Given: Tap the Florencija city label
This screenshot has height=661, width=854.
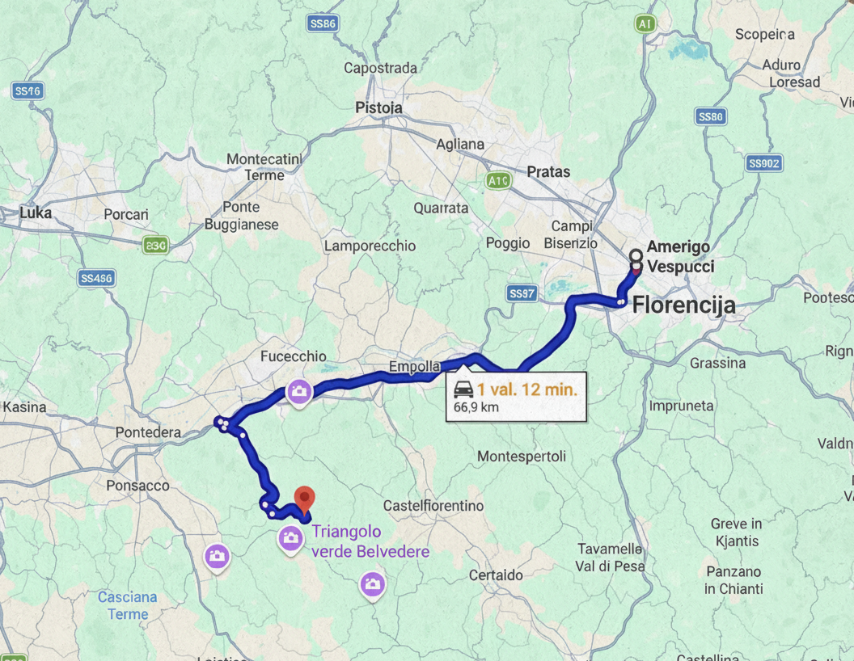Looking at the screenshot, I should [x=683, y=305].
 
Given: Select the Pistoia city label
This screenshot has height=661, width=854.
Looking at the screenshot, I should [x=378, y=107].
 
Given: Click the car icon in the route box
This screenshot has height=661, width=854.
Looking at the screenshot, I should [x=463, y=389].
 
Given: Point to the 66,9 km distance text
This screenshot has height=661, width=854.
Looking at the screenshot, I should [x=476, y=407].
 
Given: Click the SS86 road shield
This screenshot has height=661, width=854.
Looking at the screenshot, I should [x=323, y=24].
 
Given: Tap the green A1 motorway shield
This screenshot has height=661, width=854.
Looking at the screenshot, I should [x=645, y=24].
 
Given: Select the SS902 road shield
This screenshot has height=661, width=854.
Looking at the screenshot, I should [x=763, y=164].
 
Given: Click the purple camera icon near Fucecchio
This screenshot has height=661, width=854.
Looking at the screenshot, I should [x=299, y=393].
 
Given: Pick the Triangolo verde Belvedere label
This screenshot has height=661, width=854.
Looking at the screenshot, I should [x=370, y=541].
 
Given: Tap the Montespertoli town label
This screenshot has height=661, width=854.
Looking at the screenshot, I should [x=521, y=457].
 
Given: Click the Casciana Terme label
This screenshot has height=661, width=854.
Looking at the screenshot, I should [x=127, y=605].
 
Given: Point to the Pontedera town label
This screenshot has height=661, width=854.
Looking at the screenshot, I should [x=148, y=432].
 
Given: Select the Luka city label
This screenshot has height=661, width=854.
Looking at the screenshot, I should [x=36, y=213].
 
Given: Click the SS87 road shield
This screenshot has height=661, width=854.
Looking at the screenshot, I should [x=522, y=294].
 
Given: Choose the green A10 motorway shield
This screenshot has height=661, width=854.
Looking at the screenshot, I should [x=498, y=181].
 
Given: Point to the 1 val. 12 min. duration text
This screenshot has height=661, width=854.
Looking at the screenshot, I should [x=526, y=389].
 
